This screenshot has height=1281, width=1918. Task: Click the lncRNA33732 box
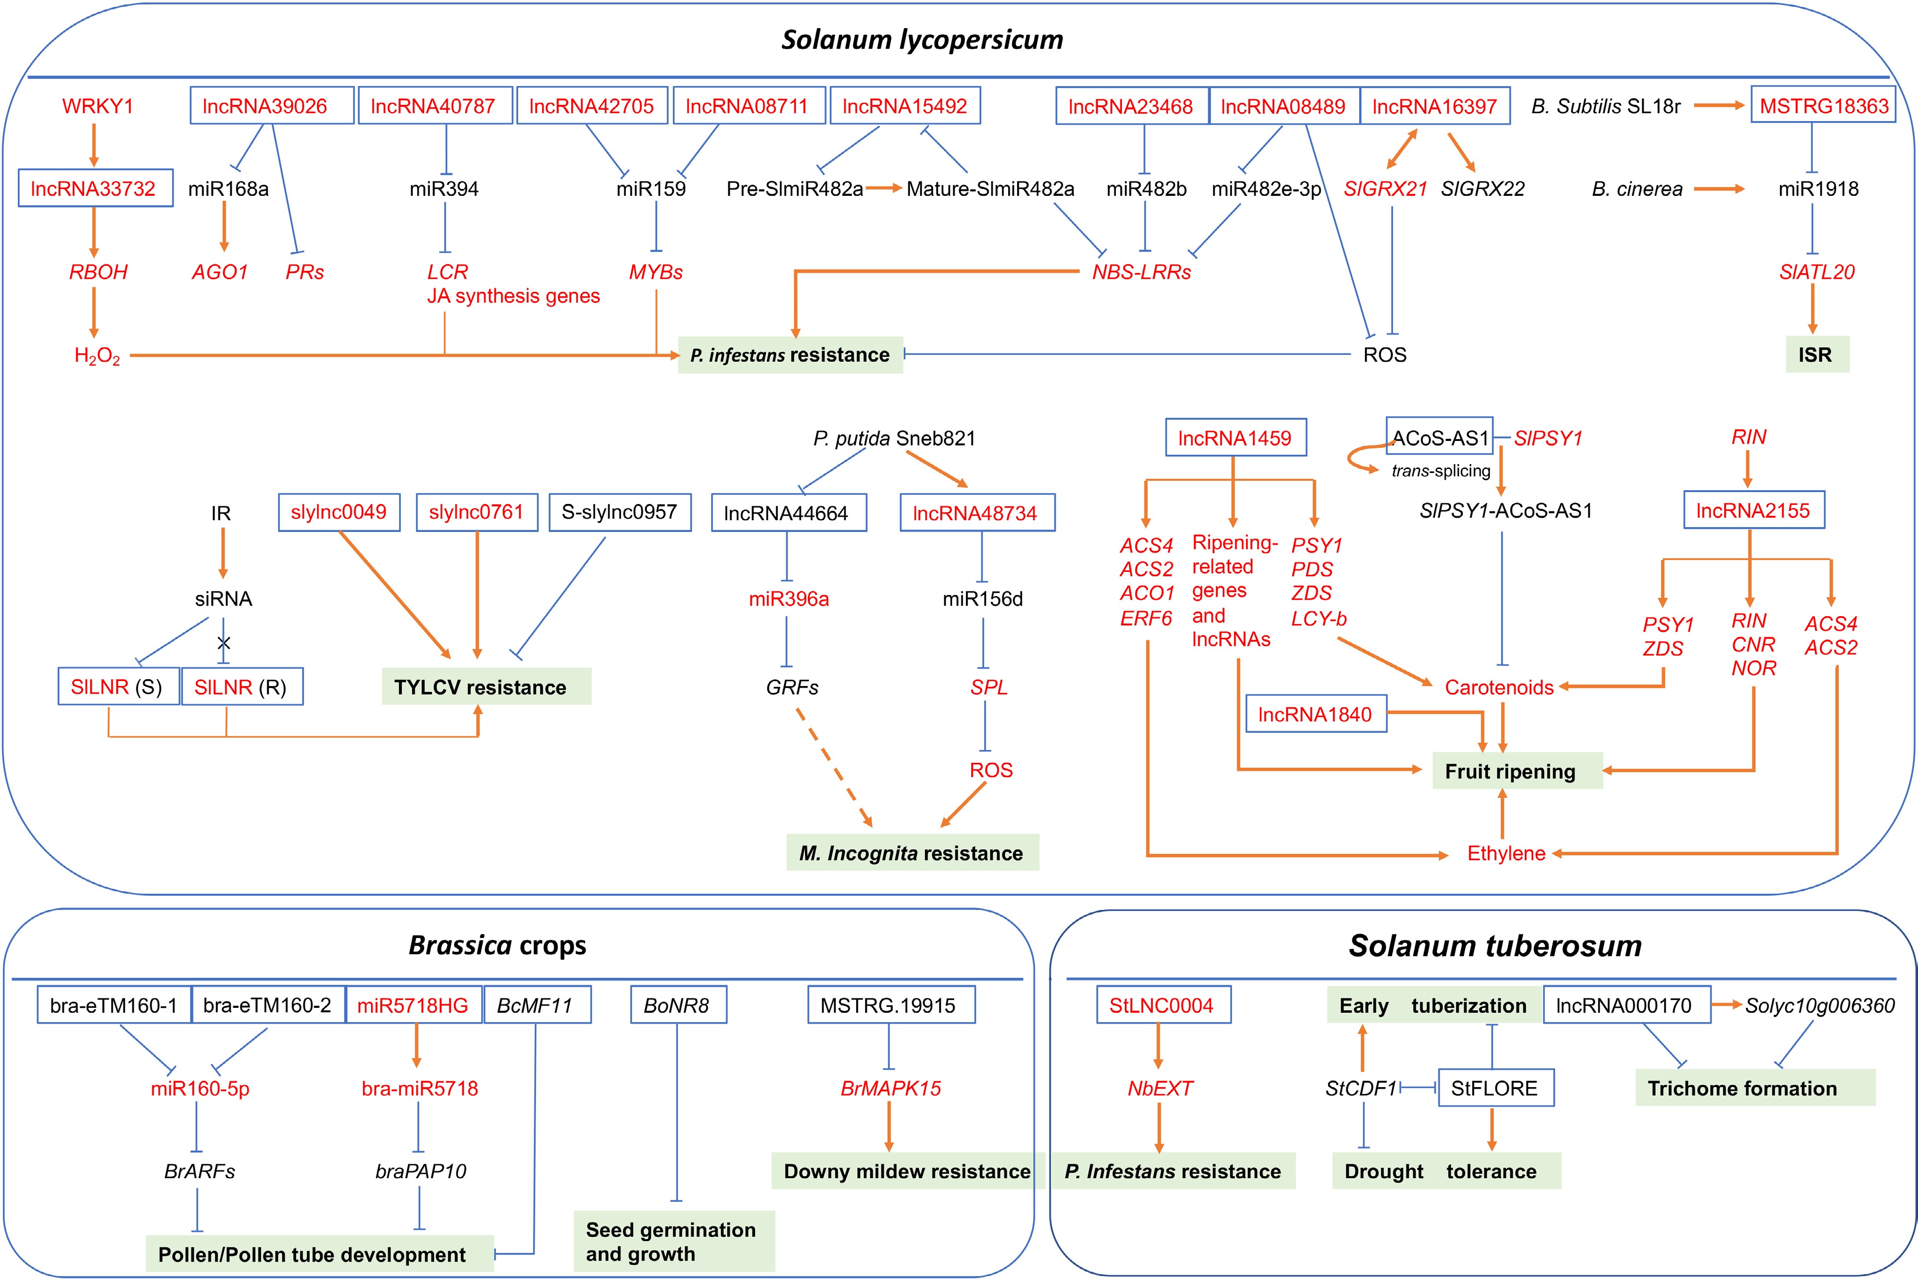95,188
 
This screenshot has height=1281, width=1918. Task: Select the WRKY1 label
97,106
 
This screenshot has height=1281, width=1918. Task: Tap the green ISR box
1816,354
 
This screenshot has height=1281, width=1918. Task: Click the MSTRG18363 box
1823,106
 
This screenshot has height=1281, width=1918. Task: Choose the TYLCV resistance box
486,687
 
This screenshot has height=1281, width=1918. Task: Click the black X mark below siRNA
224,643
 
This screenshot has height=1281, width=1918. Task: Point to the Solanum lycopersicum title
922,39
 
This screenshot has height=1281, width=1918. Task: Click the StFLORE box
1495,1088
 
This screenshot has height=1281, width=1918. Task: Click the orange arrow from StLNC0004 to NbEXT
1158,1046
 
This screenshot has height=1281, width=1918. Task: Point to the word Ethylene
1506,854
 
